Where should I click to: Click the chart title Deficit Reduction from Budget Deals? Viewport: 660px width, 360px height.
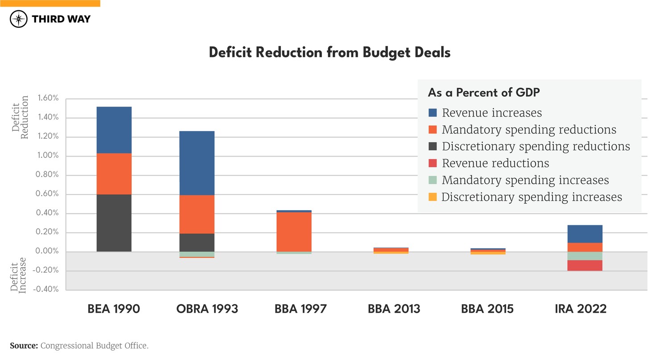click(330, 53)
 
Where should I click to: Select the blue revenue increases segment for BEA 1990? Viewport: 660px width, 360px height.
click(114, 130)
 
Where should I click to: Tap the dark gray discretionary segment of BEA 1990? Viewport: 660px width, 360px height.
click(114, 223)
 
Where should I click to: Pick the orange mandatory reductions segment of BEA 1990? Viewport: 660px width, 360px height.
click(114, 174)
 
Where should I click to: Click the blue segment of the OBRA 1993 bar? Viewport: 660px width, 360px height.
click(197, 163)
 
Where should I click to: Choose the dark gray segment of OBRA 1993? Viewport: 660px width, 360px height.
click(197, 242)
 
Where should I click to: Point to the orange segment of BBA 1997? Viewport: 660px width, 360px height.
click(294, 232)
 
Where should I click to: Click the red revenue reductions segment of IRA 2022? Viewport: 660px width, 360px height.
click(585, 265)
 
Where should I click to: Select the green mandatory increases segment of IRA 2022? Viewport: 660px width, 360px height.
click(585, 256)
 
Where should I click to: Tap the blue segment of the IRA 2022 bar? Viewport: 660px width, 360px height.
click(585, 234)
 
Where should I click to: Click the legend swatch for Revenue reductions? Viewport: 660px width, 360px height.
click(432, 163)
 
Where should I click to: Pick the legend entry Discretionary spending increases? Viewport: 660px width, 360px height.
click(532, 197)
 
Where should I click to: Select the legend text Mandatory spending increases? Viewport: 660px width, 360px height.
click(525, 180)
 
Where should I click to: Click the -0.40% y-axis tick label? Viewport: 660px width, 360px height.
click(46, 290)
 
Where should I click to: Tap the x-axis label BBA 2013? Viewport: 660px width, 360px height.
click(394, 309)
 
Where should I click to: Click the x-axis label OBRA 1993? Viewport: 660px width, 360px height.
click(207, 309)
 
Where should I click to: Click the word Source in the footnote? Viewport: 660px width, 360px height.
click(23, 346)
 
